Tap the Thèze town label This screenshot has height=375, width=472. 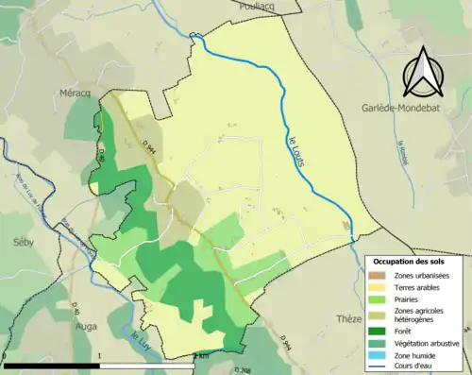pos(349,319)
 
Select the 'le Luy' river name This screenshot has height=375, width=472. pos(139,337)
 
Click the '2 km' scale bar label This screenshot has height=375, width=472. pos(201,356)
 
